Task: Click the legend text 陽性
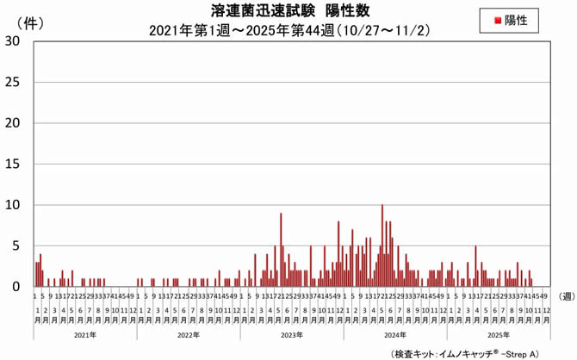tap(515, 18)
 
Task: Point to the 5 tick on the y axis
tap(17, 246)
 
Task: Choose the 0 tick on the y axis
tap(17, 287)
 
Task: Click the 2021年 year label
tap(85, 334)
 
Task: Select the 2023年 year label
tap(292, 334)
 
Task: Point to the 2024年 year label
tap(395, 334)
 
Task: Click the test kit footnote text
tap(465, 352)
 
